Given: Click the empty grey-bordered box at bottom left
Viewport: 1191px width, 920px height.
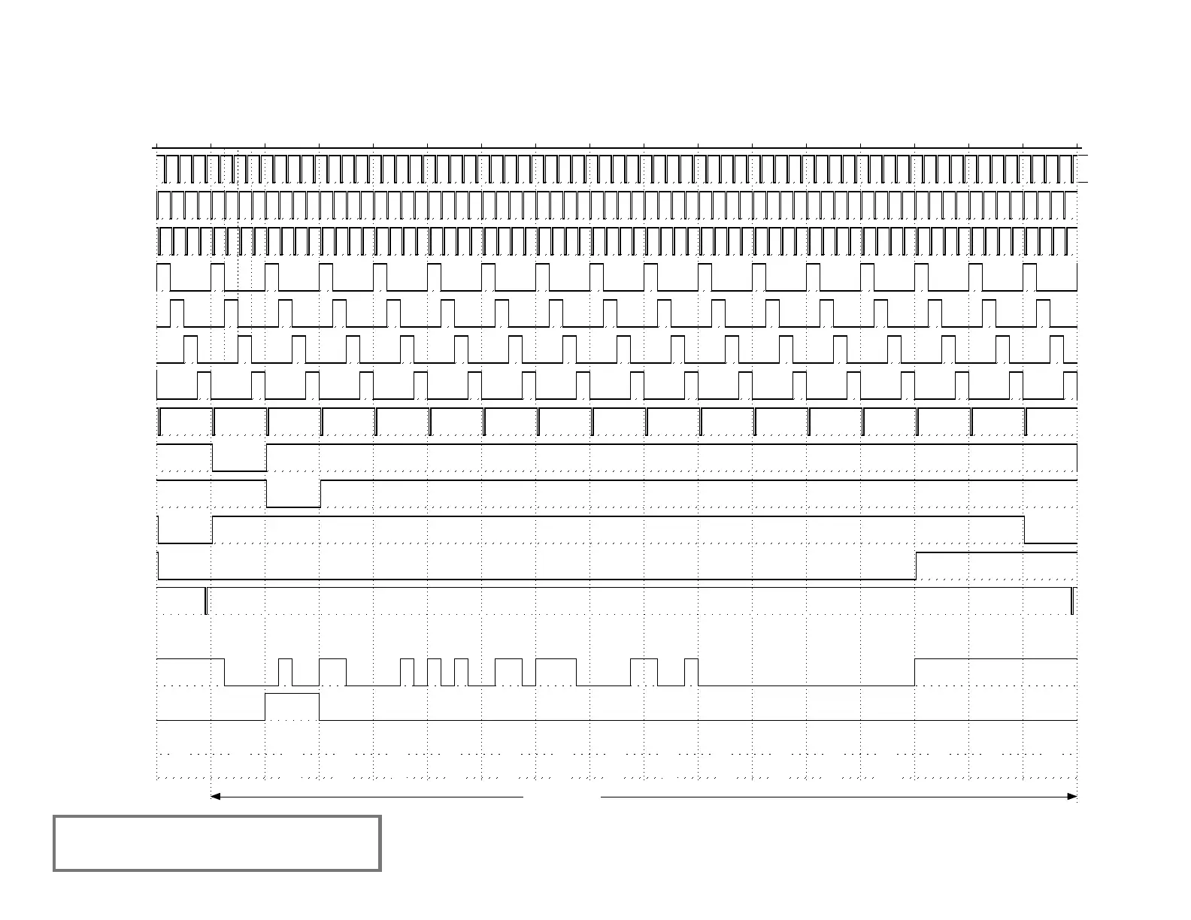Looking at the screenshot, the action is pyautogui.click(x=217, y=843).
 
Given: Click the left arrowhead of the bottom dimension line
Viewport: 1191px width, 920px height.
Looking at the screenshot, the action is pyautogui.click(x=215, y=796).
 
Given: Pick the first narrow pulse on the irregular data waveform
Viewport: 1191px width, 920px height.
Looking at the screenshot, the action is pyautogui.click(x=285, y=671).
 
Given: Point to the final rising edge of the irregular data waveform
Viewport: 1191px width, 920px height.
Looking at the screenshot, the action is pyautogui.click(x=915, y=672).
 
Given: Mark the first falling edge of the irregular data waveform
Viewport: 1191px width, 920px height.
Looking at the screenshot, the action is pyautogui.click(x=225, y=672).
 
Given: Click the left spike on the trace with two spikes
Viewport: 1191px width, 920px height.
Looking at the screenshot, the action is pyautogui.click(x=206, y=601).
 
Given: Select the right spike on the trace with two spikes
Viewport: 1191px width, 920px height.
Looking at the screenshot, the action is pyautogui.click(x=1072, y=601).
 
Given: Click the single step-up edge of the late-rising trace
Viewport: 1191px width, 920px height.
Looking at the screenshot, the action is pyautogui.click(x=915, y=565).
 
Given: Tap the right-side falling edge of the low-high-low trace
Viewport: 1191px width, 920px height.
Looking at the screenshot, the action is pyautogui.click(x=1025, y=529).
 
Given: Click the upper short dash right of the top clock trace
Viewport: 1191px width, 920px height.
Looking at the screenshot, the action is pyautogui.click(x=1083, y=156).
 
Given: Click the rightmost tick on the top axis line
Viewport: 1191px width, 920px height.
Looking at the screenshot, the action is pyautogui.click(x=1077, y=146).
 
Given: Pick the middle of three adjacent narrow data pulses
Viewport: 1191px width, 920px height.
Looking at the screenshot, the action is pyautogui.click(x=434, y=671).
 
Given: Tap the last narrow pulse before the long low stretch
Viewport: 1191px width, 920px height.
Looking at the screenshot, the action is pyautogui.click(x=691, y=671).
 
